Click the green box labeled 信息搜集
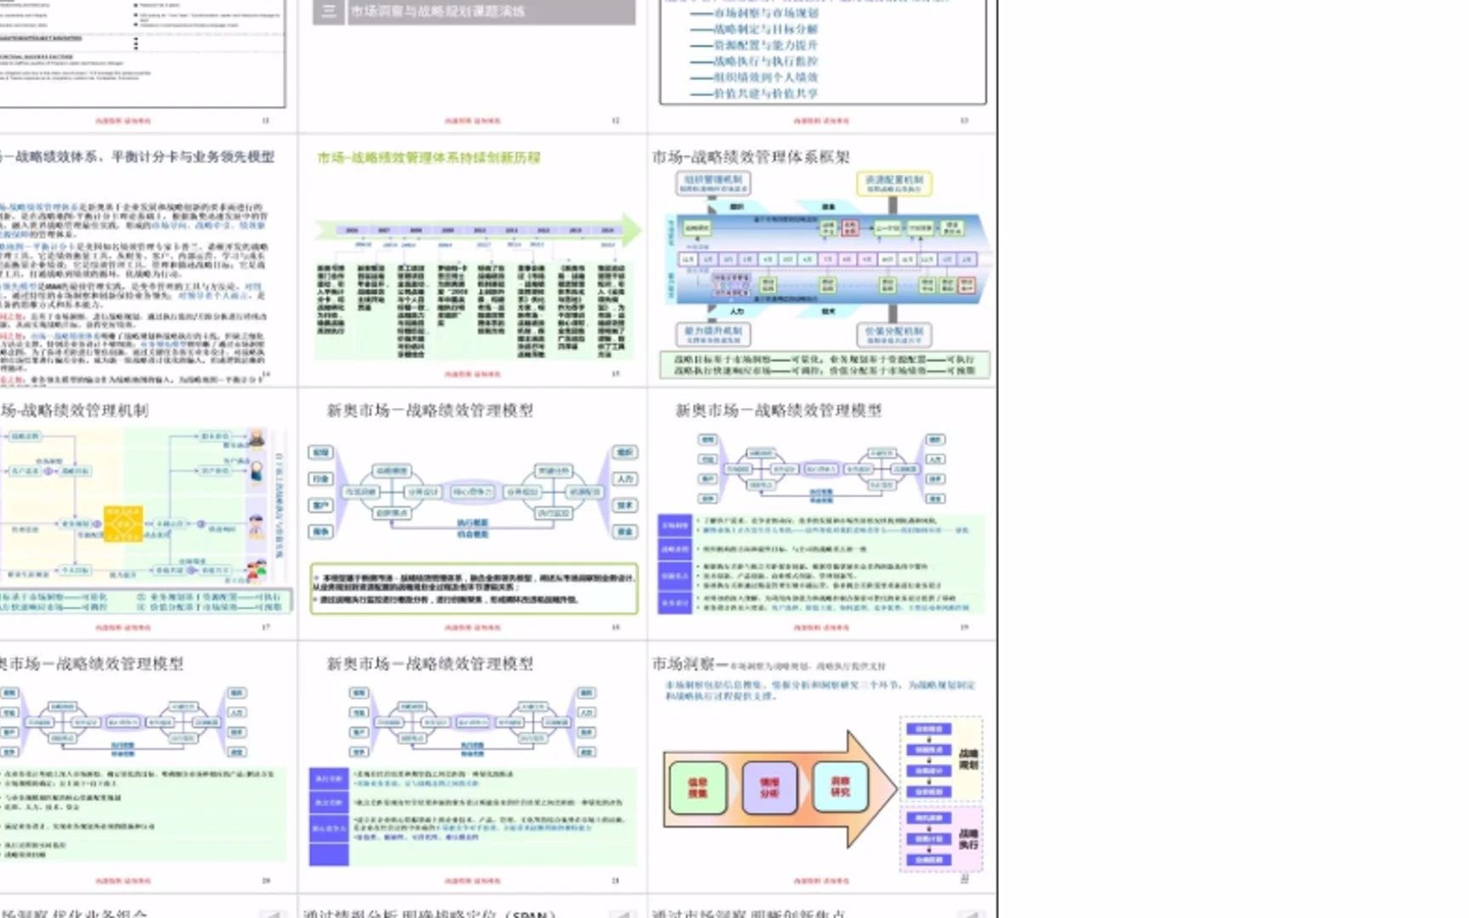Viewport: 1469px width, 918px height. coord(698,788)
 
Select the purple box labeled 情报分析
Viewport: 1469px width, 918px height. coord(769,788)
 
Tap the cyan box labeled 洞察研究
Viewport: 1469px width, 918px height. coord(840,786)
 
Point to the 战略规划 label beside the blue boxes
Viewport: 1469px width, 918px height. coord(968,759)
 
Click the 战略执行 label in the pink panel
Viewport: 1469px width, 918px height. coord(968,839)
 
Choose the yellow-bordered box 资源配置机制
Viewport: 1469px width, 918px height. coord(894,184)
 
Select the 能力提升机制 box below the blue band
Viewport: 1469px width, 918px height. coord(713,334)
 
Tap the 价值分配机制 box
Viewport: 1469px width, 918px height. coord(894,334)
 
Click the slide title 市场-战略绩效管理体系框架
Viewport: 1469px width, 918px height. coord(751,157)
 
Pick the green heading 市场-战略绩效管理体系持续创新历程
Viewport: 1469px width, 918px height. coord(428,157)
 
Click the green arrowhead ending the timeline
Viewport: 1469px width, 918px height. coord(632,229)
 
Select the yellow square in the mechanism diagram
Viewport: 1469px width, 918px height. coord(123,524)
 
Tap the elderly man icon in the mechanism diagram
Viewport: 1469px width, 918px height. coord(257,439)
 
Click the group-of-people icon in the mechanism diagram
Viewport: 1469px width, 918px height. coord(256,569)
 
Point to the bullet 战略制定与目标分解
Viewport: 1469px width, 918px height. coord(765,29)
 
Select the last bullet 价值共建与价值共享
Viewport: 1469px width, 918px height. coord(765,93)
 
